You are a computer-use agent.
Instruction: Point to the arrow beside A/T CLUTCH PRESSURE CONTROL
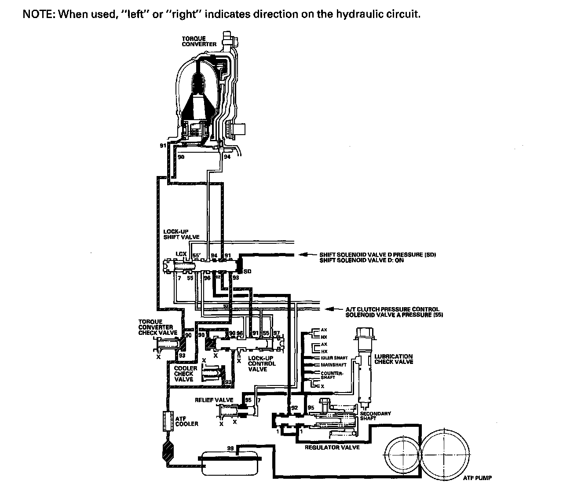(x=331, y=309)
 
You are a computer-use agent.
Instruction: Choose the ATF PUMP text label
(x=477, y=478)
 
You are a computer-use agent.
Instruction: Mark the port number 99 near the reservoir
(x=230, y=448)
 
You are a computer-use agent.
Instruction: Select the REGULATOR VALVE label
(x=332, y=448)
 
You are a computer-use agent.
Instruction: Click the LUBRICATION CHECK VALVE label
(x=394, y=359)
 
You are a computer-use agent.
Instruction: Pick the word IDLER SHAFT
(x=334, y=358)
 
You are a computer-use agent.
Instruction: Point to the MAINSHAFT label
(x=333, y=365)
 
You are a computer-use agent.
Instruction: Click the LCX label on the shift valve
(x=181, y=254)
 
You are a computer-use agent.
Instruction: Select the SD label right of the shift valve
(x=248, y=272)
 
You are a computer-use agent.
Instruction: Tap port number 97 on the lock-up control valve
(x=276, y=334)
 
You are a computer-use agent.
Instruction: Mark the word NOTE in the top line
(x=39, y=14)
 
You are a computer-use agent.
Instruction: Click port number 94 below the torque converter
(x=227, y=156)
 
